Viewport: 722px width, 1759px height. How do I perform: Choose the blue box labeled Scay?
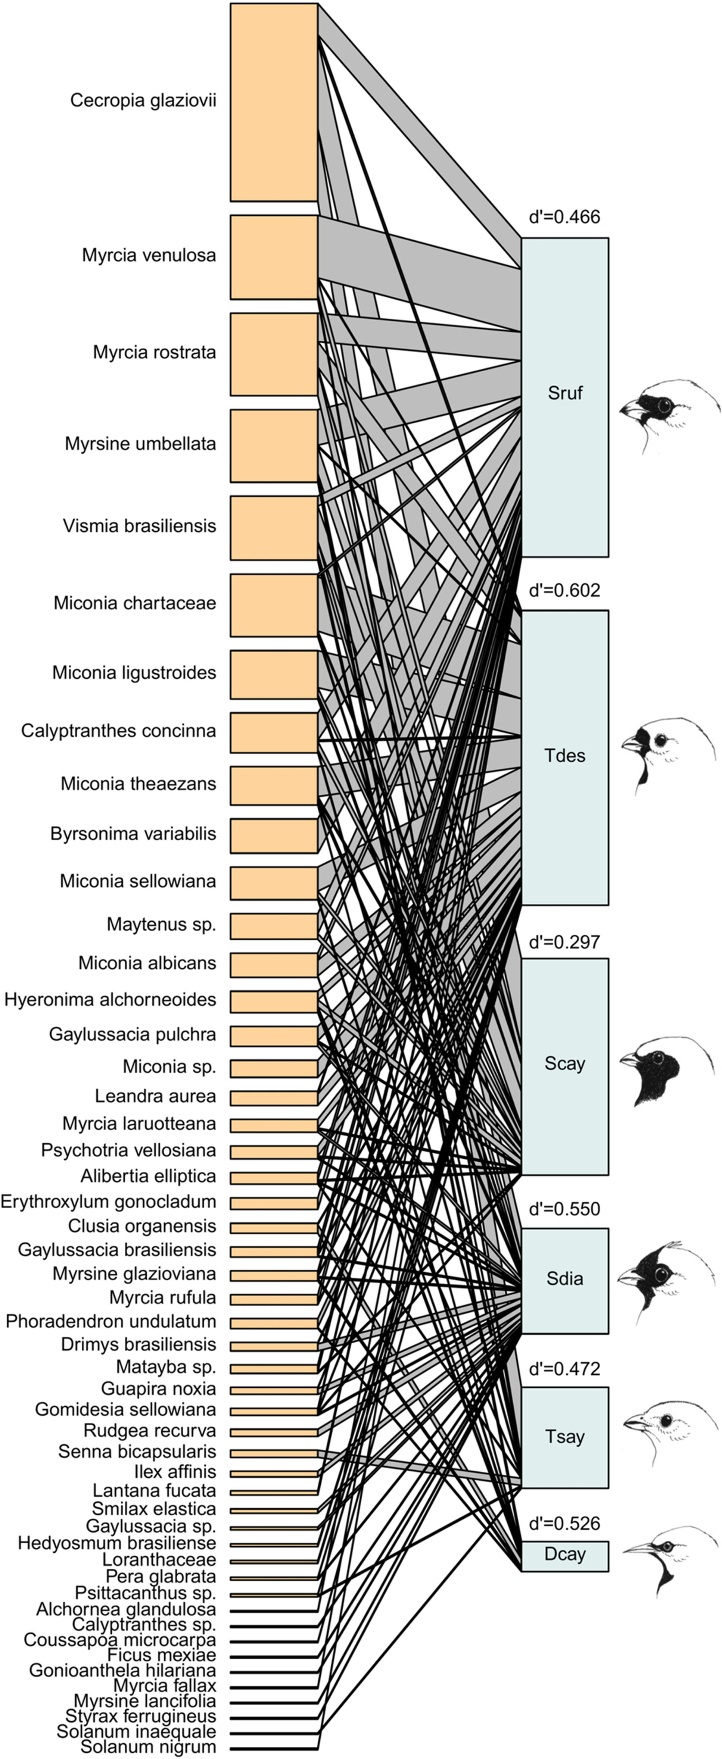click(x=565, y=1066)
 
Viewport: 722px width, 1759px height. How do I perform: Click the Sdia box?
click(x=565, y=1281)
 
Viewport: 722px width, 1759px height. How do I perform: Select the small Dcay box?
click(x=565, y=1556)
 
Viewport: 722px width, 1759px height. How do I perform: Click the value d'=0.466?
click(x=565, y=217)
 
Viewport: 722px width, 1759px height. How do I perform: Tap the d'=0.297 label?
click(x=565, y=942)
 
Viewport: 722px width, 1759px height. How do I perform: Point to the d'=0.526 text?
click(x=565, y=1524)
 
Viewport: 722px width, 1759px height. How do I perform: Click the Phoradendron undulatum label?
click(x=111, y=1321)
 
